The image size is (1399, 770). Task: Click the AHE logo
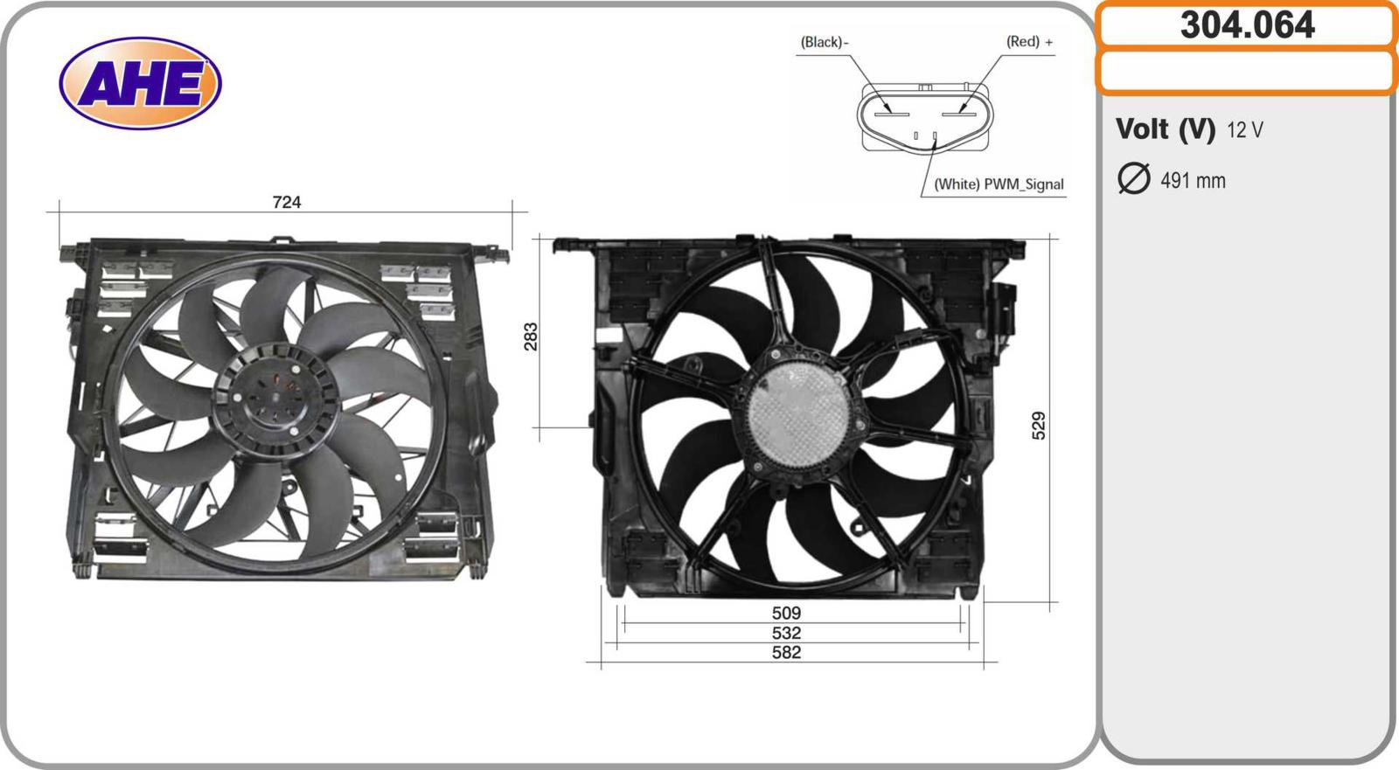(141, 83)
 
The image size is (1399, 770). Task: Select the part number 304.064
(1247, 25)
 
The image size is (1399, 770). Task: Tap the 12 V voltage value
(1245, 130)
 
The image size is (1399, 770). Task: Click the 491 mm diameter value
(1193, 180)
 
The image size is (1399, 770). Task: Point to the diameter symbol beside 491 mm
(1133, 178)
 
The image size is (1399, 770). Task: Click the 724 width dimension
(287, 202)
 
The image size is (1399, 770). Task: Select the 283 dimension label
(530, 336)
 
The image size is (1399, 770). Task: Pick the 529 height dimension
(1038, 426)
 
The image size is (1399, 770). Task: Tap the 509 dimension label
(786, 613)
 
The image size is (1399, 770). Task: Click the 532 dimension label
(786, 633)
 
